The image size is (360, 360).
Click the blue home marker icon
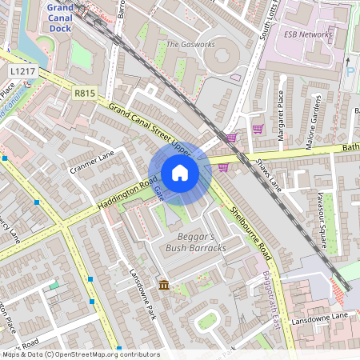(x=180, y=173)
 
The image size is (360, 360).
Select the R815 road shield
(x=84, y=94)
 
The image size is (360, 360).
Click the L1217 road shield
(x=22, y=72)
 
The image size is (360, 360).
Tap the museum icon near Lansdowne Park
(x=164, y=285)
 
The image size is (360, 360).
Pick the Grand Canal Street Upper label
(x=152, y=130)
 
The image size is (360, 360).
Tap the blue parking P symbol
(x=350, y=73)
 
